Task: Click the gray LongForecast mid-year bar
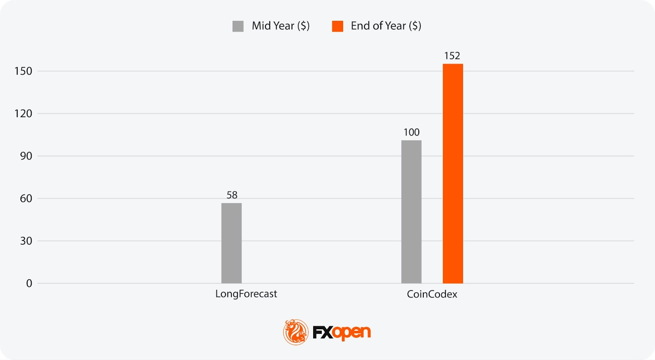tap(231, 243)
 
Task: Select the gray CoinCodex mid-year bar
tap(411, 212)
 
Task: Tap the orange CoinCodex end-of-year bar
tap(453, 173)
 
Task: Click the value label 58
tap(232, 195)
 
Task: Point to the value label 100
tap(411, 132)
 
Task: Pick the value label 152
tap(452, 56)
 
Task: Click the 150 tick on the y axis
tap(23, 71)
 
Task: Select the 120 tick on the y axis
tap(23, 113)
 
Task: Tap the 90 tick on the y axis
tap(26, 156)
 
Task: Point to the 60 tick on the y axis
tap(26, 199)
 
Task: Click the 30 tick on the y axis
tap(26, 241)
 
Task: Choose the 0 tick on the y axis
tap(29, 283)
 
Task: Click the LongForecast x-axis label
tap(246, 294)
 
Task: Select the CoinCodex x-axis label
tap(432, 294)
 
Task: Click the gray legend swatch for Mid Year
tap(238, 26)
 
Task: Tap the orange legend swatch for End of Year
tap(337, 26)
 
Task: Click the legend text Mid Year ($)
tap(281, 26)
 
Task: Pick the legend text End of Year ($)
tap(386, 26)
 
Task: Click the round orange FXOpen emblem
tap(296, 332)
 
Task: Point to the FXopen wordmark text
tap(342, 332)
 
